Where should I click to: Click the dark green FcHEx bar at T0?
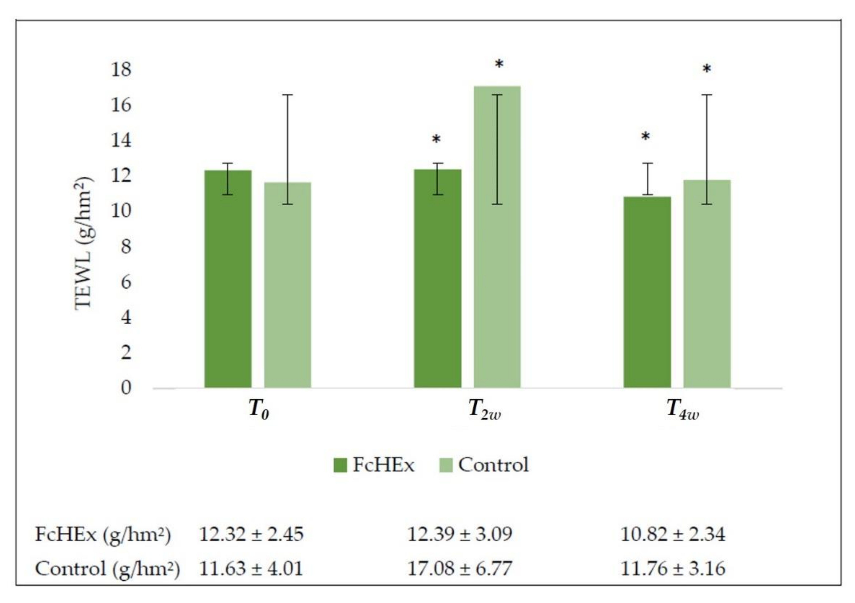(x=228, y=279)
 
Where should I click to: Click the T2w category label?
(x=484, y=410)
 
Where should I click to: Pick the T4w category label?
(x=682, y=410)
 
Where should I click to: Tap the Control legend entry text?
(x=493, y=465)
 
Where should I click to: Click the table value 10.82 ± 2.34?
(x=673, y=534)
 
